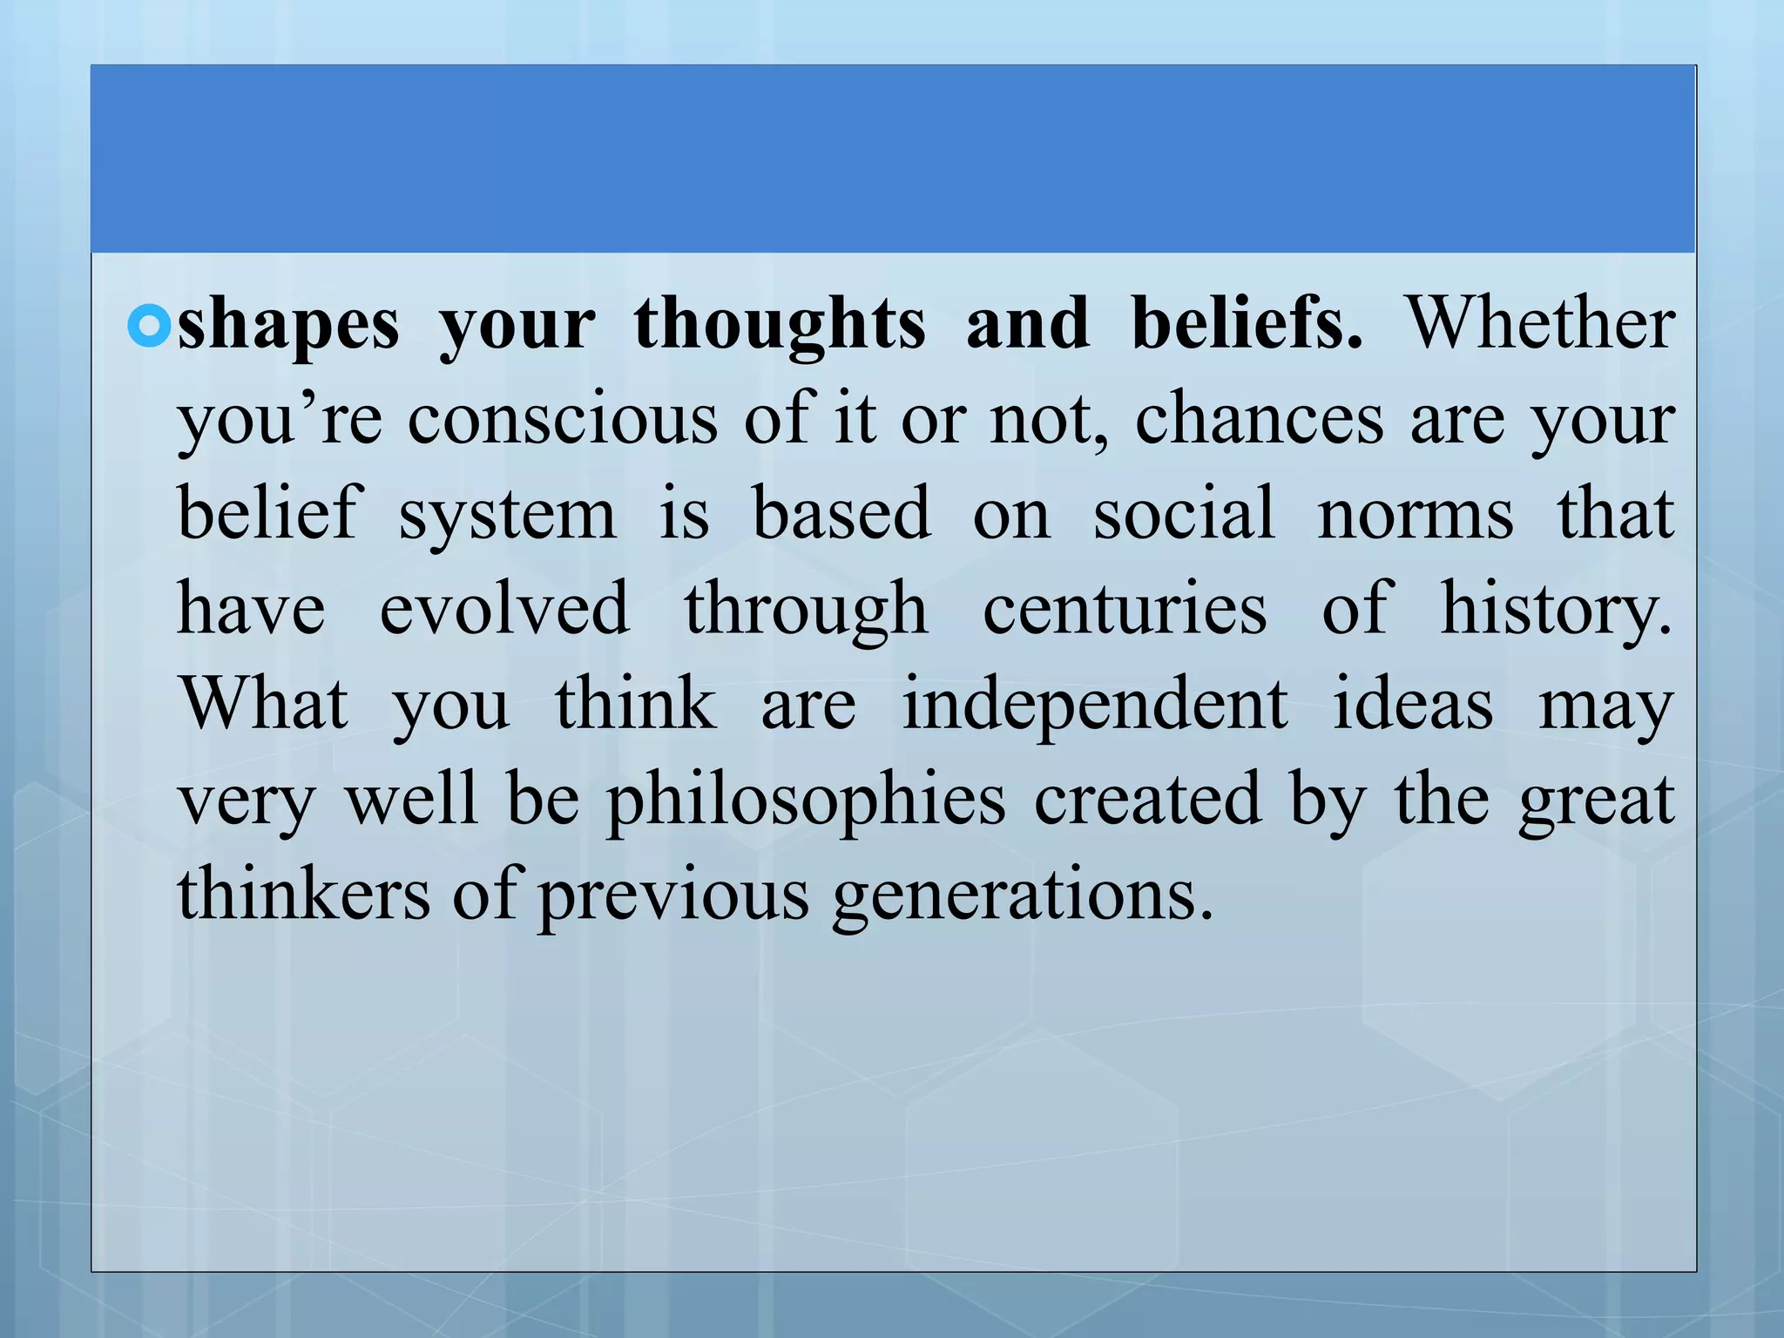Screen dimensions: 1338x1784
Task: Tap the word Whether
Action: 1540,324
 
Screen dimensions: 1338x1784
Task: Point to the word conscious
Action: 563,419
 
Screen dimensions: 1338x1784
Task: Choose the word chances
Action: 1259,419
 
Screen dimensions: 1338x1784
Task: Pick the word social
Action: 1185,514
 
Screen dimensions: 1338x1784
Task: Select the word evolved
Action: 503,608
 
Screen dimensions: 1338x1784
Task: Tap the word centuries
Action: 1125,608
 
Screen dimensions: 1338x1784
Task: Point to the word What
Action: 264,703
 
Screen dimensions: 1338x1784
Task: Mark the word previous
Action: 673,895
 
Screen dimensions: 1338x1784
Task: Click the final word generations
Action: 1021,895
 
